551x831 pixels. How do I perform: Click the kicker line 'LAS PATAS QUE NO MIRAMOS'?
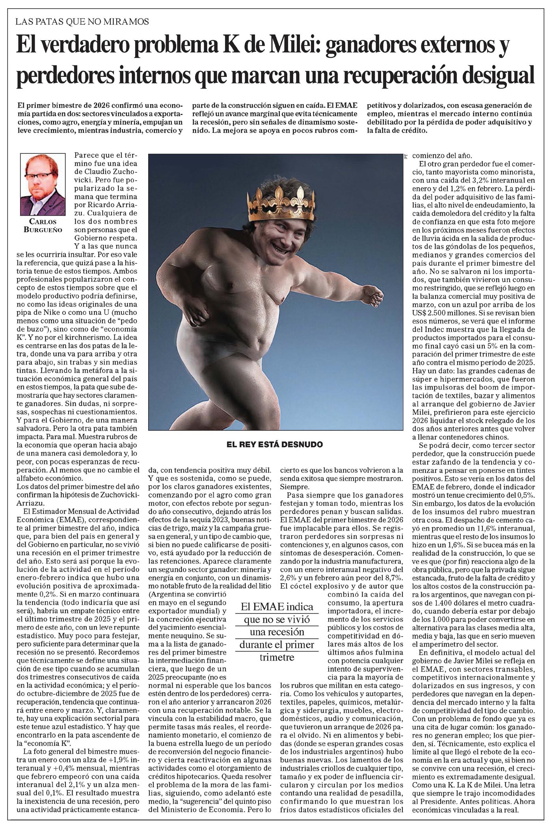point(82,21)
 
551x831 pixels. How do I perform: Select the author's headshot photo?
point(43,184)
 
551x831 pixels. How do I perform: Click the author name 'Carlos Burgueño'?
point(43,225)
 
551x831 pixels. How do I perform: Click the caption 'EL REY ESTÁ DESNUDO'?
point(275,444)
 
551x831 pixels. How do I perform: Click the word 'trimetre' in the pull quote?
point(277,657)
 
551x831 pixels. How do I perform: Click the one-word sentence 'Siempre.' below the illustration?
point(292,487)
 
